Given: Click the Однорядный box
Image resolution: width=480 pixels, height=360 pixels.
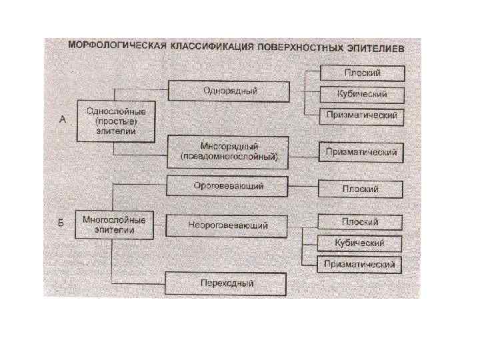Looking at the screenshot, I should pyautogui.click(x=229, y=91).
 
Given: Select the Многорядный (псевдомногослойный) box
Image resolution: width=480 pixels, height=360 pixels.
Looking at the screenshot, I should pyautogui.click(x=229, y=152).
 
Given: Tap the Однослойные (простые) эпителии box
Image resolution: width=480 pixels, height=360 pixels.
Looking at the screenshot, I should pyautogui.click(x=115, y=121).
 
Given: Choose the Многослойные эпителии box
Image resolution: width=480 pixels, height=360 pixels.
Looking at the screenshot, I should pyautogui.click(x=115, y=224).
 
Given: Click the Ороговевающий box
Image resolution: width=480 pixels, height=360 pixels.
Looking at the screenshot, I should pyautogui.click(x=227, y=187).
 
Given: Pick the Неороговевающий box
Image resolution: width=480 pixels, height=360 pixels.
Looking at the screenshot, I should pyautogui.click(x=227, y=225).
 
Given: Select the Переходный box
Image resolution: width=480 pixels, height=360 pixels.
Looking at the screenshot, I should pyautogui.click(x=227, y=283).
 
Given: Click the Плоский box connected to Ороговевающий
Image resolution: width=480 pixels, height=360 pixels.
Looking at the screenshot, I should pyautogui.click(x=361, y=189).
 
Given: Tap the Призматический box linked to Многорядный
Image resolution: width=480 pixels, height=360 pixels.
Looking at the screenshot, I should pyautogui.click(x=361, y=152).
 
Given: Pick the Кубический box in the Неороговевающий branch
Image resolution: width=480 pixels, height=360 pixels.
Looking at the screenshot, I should pyautogui.click(x=360, y=243).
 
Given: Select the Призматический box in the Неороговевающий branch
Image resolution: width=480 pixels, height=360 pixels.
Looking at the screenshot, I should pyautogui.click(x=360, y=265).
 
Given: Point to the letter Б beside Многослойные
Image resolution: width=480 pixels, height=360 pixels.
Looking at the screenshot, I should pyautogui.click(x=61, y=223).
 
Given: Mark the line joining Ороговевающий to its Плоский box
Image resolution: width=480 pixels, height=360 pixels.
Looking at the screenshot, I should pyautogui.click(x=303, y=187).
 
